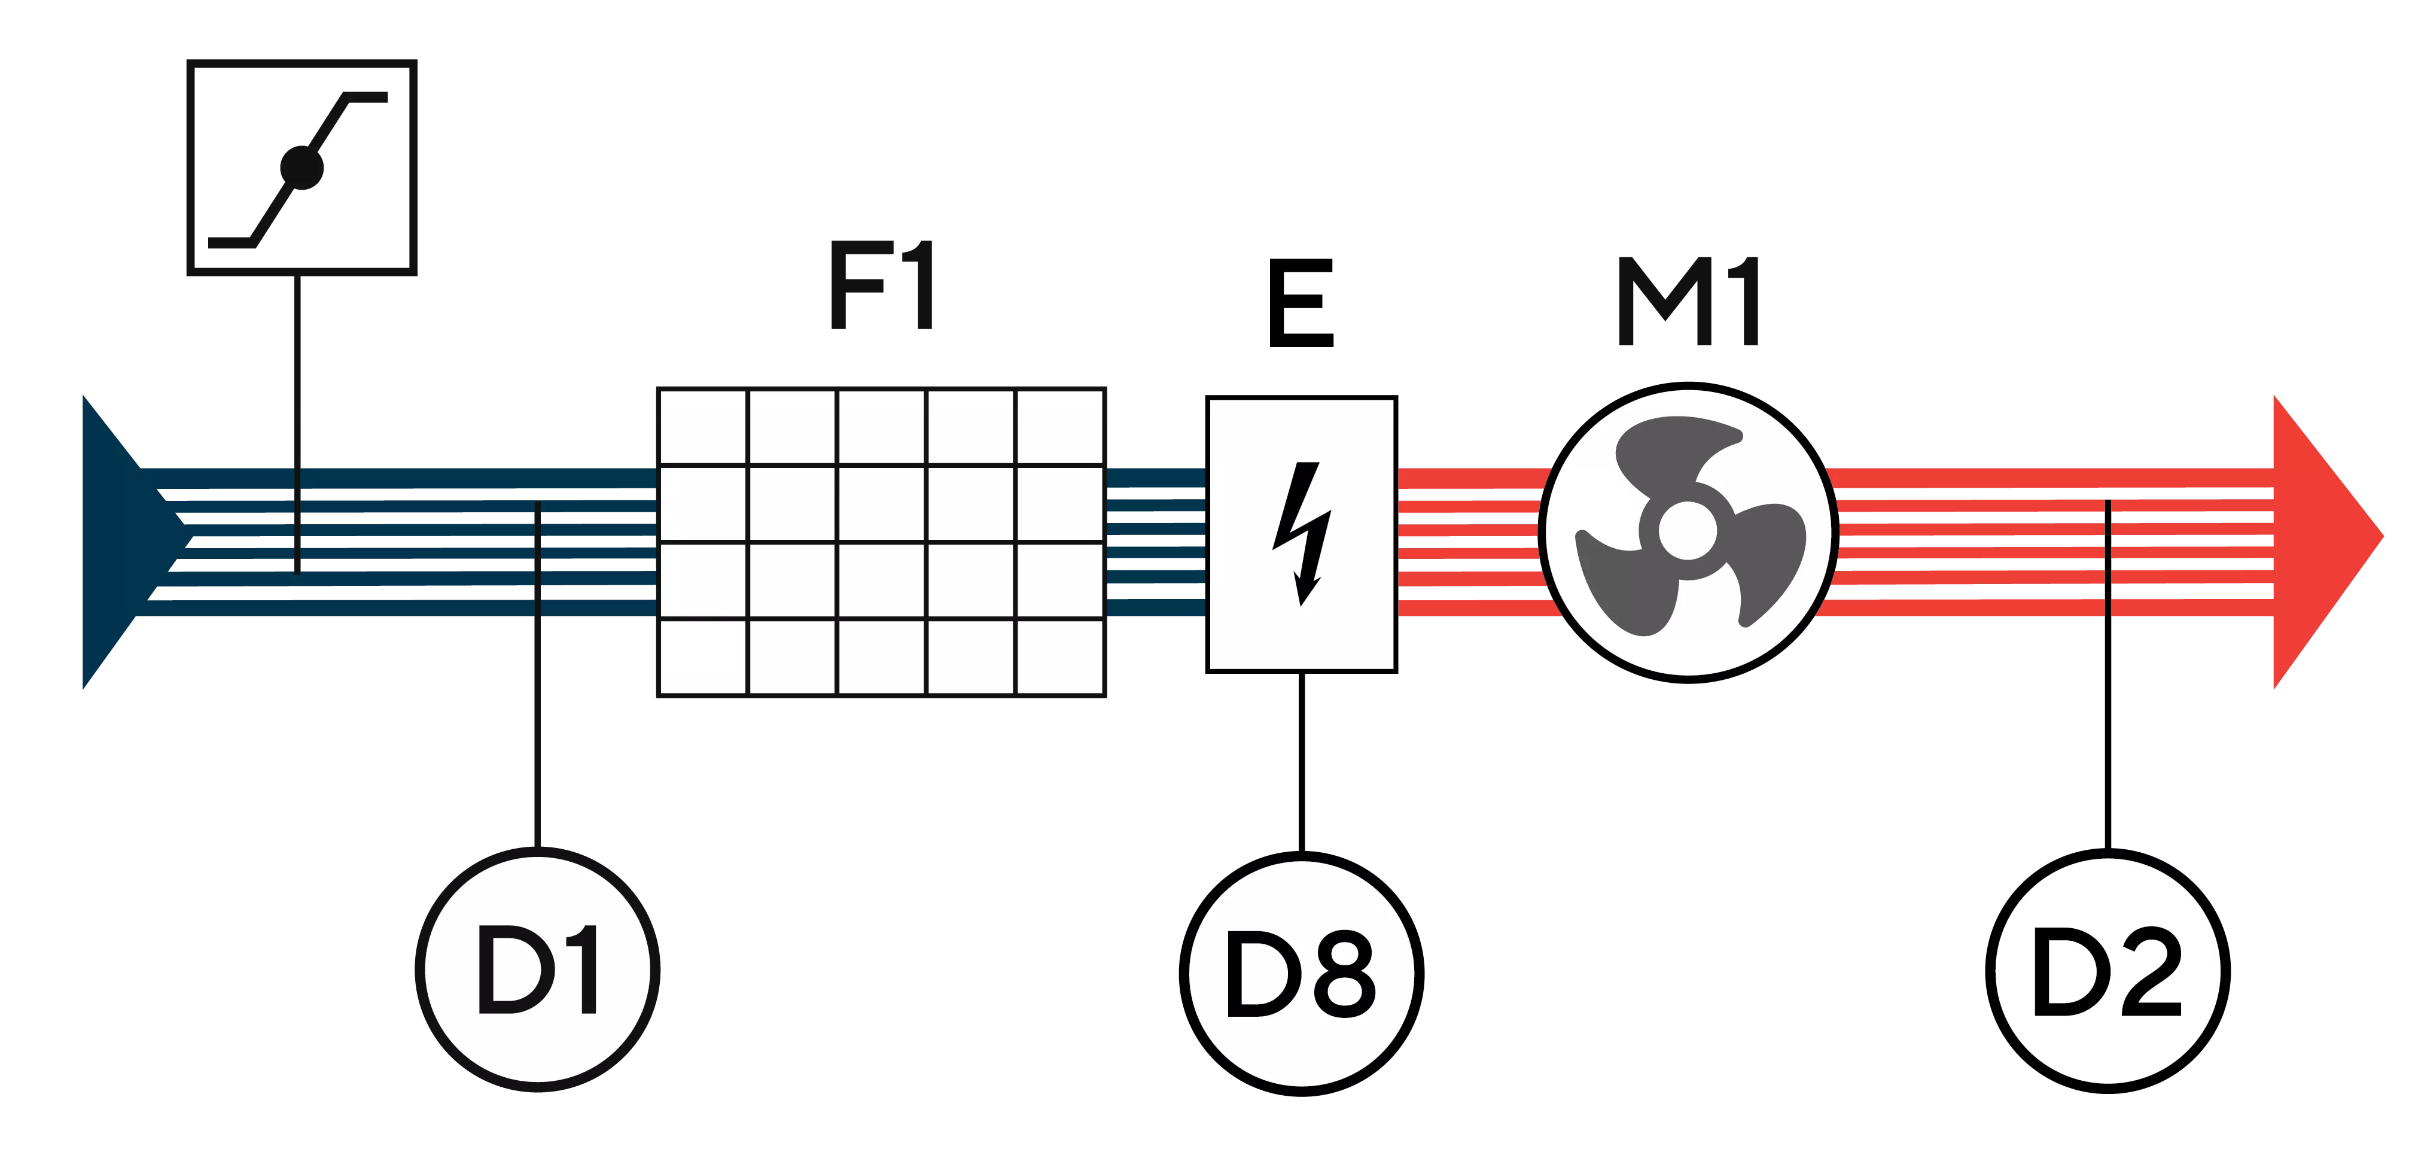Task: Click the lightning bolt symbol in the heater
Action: click(1301, 533)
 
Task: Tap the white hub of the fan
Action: click(1688, 531)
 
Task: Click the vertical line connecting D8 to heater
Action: click(1301, 759)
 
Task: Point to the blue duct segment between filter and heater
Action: click(1156, 541)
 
